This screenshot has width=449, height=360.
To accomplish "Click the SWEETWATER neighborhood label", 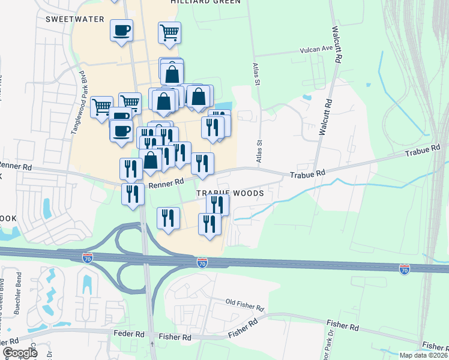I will pyautogui.click(x=74, y=19).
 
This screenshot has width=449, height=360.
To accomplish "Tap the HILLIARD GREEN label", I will pyautogui.click(x=205, y=2).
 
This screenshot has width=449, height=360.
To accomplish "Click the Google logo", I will pyautogui.click(x=20, y=353).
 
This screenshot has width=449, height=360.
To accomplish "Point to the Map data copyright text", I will pyautogui.click(x=423, y=355).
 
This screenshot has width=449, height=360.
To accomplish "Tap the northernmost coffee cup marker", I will pyautogui.click(x=121, y=30).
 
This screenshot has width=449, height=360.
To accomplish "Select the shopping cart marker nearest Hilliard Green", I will pyautogui.click(x=170, y=32).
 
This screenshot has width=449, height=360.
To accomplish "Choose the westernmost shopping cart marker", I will pyautogui.click(x=102, y=107).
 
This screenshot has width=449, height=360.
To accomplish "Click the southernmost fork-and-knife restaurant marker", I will pyautogui.click(x=209, y=224).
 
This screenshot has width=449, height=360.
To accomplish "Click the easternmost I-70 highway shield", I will pyautogui.click(x=404, y=270).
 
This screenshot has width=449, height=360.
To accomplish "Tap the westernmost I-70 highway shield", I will pyautogui.click(x=87, y=258).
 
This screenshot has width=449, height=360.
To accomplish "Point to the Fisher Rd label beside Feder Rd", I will pyautogui.click(x=175, y=337).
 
